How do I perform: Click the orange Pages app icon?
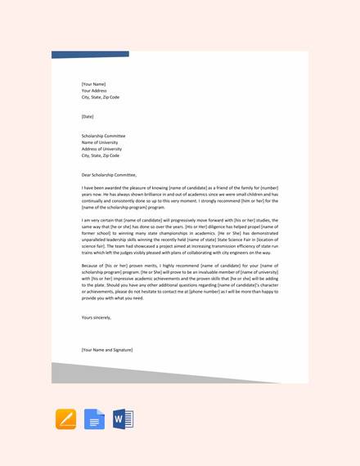[65, 419]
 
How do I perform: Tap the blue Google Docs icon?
[94, 419]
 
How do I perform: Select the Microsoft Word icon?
[122, 419]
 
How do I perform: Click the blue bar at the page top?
[90, 55]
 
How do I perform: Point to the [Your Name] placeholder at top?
[92, 83]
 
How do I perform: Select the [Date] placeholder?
[88, 116]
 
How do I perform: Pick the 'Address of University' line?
[101, 149]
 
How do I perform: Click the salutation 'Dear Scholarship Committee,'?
[109, 175]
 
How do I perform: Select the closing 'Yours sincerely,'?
[96, 316]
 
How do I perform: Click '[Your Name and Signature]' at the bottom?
[106, 349]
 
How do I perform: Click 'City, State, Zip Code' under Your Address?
[100, 96]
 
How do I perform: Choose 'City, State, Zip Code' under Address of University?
[100, 155]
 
